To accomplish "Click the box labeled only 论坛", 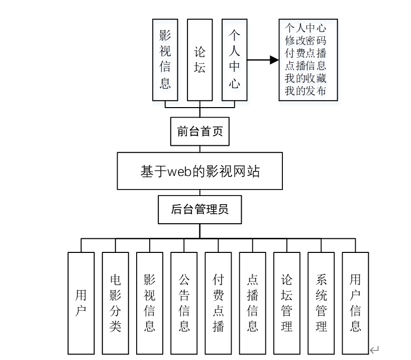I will [199, 60].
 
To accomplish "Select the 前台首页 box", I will [200, 132].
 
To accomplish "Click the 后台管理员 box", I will [199, 210].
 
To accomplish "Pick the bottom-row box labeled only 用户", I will [81, 303].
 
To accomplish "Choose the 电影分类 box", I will [115, 303].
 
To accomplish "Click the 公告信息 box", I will [184, 303].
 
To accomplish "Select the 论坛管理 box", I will [287, 303].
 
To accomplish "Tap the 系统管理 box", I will [321, 303].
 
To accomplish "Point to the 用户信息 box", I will [355, 303].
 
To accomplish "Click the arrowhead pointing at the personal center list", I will [274, 60].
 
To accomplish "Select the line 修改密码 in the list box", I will [305, 41].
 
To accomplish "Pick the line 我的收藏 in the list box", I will [305, 78].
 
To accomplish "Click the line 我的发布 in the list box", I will [305, 91].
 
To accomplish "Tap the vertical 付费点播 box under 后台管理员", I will [218, 303].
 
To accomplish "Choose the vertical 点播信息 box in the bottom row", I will [252, 303].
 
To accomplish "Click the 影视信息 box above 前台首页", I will [165, 60].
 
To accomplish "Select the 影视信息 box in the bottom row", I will [149, 303].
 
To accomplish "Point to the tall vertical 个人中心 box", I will [235, 60].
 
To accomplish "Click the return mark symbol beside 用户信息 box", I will [374, 350].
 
